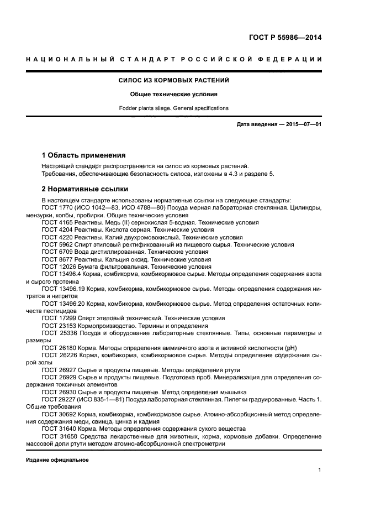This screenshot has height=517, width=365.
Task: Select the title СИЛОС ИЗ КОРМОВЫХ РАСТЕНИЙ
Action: (x=173, y=81)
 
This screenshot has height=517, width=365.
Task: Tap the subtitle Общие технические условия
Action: (x=173, y=94)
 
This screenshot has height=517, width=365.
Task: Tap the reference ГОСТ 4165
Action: (x=57, y=222)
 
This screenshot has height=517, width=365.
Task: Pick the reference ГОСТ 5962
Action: (x=57, y=244)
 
